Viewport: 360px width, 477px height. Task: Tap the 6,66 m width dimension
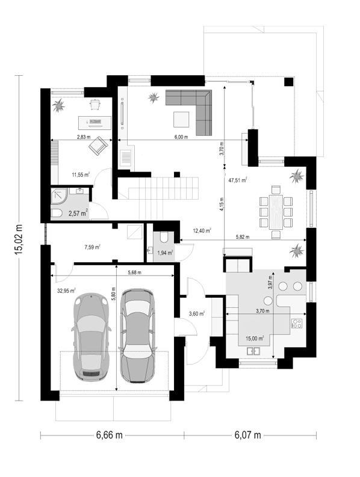pos(109,435)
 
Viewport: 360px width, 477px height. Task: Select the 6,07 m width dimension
pos(247,435)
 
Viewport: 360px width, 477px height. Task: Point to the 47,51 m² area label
pos(238,180)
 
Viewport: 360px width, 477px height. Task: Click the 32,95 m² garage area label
pos(66,291)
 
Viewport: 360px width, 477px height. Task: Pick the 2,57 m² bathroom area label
pos(78,213)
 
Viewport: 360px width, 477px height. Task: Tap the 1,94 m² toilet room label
pos(165,252)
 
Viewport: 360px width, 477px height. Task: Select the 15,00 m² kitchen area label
pos(255,338)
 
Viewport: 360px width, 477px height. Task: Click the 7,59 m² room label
pos(92,247)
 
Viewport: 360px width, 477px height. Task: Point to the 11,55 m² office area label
pos(81,174)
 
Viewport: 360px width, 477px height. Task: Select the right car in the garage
pos(137,335)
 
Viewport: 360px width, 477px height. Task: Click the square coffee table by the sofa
pos(181,119)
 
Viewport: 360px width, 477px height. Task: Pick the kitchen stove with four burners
pos(297,323)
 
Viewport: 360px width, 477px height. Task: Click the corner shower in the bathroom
pos(60,196)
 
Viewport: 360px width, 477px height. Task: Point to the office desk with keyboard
pos(95,122)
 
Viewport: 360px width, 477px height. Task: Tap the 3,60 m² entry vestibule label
pos(196,313)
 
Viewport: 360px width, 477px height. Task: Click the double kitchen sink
pos(253,351)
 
